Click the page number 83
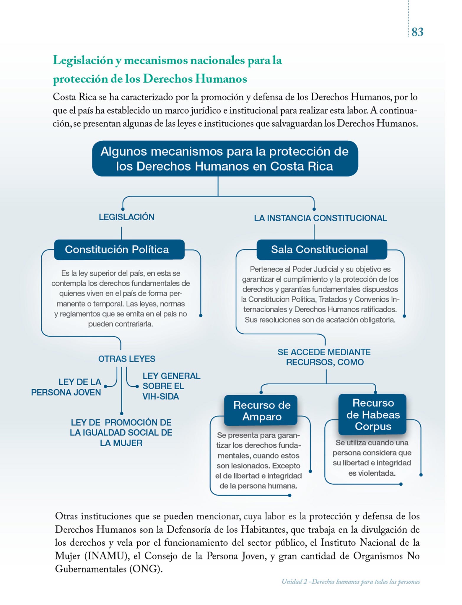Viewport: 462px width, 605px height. click(x=417, y=32)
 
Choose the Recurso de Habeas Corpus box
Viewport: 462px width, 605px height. click(x=372, y=414)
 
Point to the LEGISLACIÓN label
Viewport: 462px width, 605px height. click(x=126, y=217)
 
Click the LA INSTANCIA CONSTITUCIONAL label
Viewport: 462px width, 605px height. click(x=321, y=218)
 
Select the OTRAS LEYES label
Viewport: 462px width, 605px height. click(x=127, y=359)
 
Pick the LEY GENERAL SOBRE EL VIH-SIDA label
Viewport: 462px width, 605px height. click(x=171, y=386)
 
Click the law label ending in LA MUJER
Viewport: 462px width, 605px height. click(x=121, y=433)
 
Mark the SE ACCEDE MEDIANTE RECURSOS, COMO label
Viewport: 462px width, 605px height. click(x=324, y=357)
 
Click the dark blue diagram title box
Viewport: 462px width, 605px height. click(x=225, y=159)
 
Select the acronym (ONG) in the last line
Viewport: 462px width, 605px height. click(x=146, y=569)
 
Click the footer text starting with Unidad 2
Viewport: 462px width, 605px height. click(x=351, y=582)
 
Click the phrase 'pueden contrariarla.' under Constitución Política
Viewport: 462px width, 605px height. click(x=121, y=324)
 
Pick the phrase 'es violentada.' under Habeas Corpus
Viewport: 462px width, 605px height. click(x=372, y=473)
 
